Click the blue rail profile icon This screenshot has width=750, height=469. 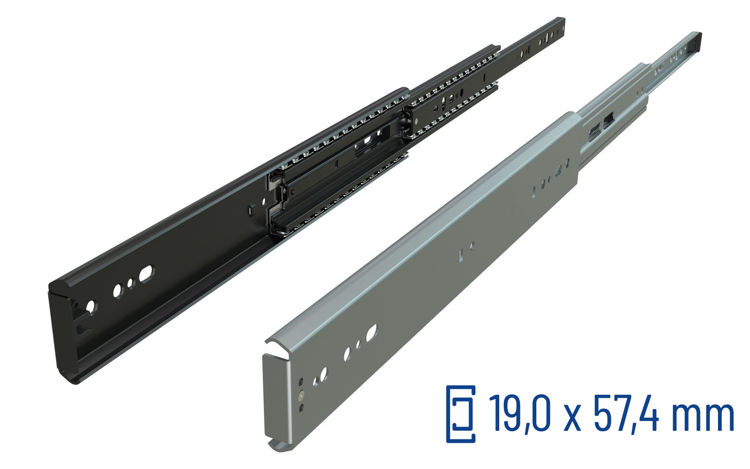point(461,414)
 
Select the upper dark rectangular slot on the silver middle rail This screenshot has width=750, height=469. point(608,118)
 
